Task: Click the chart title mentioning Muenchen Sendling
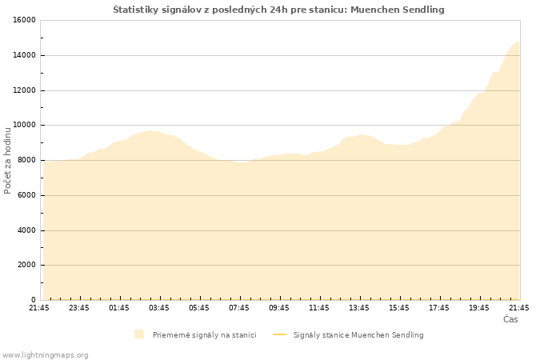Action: (x=278, y=10)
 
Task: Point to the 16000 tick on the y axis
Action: (x=24, y=20)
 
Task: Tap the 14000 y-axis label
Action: (x=24, y=55)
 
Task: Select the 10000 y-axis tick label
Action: (x=24, y=125)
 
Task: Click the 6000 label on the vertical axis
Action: (x=26, y=195)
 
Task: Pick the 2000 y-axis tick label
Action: (x=26, y=265)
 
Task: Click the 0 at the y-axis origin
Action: (x=34, y=300)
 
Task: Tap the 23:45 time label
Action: (x=79, y=308)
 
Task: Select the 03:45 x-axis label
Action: (x=159, y=308)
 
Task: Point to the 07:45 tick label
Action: (x=239, y=308)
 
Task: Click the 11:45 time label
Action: (x=319, y=308)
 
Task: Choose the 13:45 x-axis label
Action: (x=359, y=308)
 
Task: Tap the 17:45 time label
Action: (x=439, y=308)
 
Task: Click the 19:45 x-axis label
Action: (x=479, y=308)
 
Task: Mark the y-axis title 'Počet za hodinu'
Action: (x=7, y=160)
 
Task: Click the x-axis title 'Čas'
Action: (x=510, y=319)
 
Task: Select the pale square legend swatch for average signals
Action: (x=139, y=334)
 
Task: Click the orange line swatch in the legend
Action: (x=280, y=334)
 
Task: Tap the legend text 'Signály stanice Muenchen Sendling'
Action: (x=358, y=335)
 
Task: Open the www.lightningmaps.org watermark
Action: (x=45, y=355)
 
